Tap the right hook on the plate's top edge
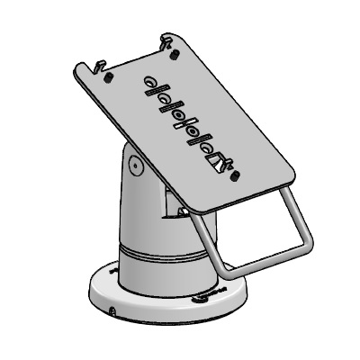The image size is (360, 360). point(165,40)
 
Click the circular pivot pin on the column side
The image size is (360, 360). point(133,166)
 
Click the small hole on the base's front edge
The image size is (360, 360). point(112,312)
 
